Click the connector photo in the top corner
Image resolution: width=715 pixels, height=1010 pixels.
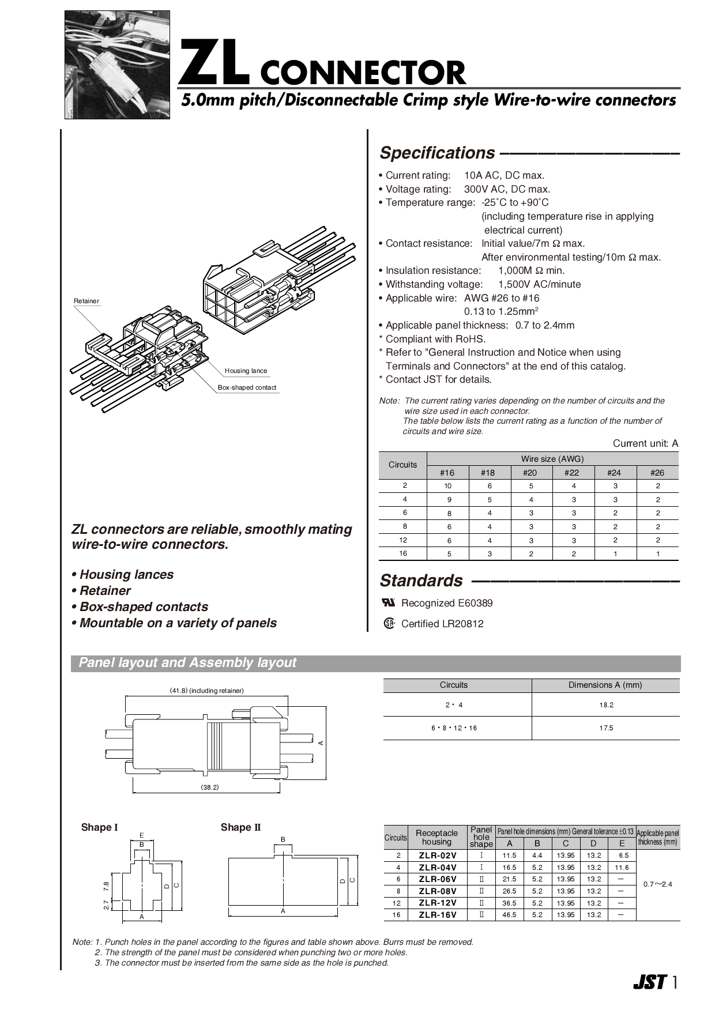117,65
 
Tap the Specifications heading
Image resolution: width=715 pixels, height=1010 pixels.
436,153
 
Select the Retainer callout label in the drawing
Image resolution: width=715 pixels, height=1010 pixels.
86,301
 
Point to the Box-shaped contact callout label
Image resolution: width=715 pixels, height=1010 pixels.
247,387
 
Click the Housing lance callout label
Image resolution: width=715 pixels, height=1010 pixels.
246,371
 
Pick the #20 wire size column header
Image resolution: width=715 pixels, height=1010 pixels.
529,473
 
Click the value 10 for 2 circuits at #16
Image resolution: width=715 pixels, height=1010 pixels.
447,486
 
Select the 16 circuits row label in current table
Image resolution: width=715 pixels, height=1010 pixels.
402,553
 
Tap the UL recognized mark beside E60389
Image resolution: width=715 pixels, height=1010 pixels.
389,602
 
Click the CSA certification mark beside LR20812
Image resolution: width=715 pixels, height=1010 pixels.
389,623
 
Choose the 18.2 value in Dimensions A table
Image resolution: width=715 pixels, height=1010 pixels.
606,705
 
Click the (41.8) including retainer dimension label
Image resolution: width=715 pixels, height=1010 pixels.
206,691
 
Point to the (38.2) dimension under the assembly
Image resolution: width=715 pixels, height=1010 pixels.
209,787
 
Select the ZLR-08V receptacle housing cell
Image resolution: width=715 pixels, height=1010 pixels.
437,891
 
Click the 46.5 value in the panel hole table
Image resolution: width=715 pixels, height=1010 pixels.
509,915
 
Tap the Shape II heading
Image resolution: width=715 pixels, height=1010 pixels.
240,827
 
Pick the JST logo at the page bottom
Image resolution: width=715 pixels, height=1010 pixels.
650,982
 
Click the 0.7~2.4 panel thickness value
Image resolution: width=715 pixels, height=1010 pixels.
658,884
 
